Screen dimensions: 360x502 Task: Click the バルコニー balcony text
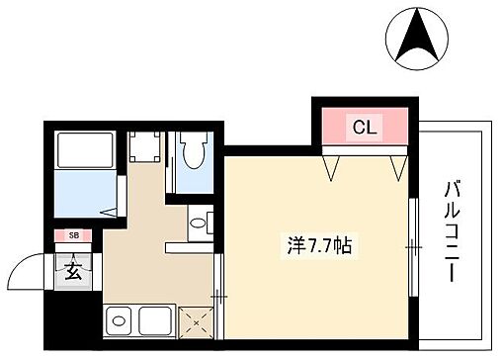pos(454,229)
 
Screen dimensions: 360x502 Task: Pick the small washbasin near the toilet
pos(199,222)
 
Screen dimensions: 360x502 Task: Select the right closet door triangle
pos(396,165)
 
